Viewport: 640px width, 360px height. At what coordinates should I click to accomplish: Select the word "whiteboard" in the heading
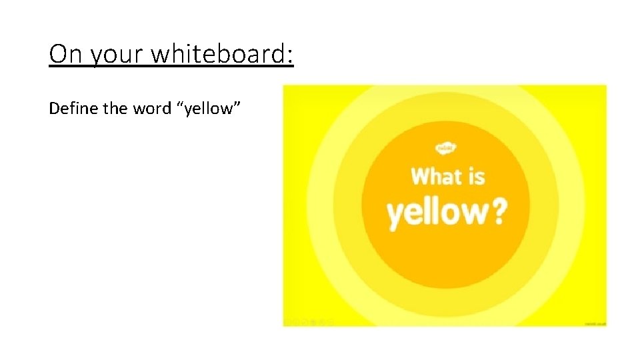point(219,54)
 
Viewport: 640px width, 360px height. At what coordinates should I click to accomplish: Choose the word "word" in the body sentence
point(153,108)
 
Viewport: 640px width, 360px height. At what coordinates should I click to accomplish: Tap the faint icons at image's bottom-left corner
point(308,323)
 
